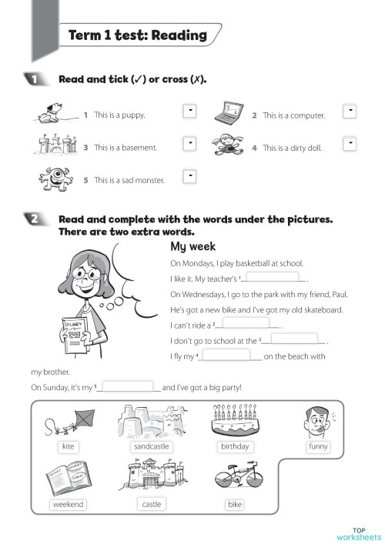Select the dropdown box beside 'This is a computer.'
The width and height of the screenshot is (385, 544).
tap(350, 111)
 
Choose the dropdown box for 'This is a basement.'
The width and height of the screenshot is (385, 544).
tap(188, 143)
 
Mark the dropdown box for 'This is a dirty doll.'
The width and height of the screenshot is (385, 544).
tap(350, 143)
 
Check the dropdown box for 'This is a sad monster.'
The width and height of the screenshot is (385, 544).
tap(188, 176)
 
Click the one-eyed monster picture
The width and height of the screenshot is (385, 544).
tap(59, 178)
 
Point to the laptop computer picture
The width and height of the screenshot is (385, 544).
tap(228, 113)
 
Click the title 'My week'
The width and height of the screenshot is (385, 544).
tap(192, 247)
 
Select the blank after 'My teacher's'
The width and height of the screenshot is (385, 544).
tap(274, 278)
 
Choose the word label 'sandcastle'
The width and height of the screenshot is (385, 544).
tap(151, 446)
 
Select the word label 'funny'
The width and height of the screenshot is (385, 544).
tap(318, 446)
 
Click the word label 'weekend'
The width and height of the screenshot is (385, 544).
tap(69, 504)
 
